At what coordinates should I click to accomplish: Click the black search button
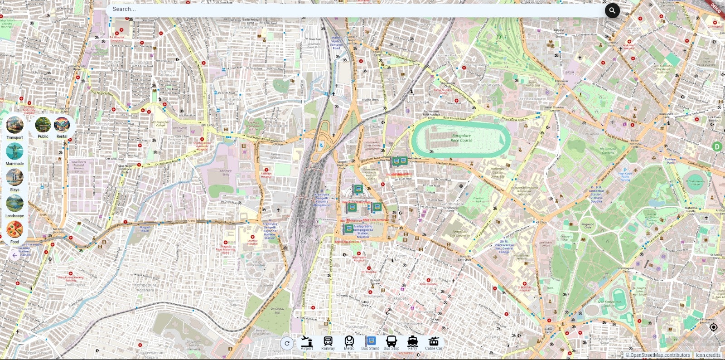point(612,10)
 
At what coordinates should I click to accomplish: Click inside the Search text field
point(353,9)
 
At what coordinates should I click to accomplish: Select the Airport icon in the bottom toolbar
point(307,342)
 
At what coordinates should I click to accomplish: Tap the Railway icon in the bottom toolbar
point(328,342)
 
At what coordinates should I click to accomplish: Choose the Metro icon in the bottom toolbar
point(349,342)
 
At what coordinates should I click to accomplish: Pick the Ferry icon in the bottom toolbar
point(412,342)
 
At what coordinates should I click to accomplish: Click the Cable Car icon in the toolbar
point(434,342)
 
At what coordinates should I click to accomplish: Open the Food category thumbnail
point(14,230)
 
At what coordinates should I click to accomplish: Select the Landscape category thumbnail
point(14,204)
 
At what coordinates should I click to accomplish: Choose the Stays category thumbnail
point(14,177)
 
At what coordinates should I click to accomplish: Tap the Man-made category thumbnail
point(14,151)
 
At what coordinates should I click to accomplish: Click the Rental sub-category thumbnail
point(62,125)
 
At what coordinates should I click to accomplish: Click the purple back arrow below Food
point(14,255)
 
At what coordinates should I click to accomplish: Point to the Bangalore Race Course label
point(461,138)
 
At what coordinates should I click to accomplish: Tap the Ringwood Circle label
point(588,225)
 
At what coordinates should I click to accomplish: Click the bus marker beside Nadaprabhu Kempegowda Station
point(348,229)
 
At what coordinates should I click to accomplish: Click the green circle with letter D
point(717,146)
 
